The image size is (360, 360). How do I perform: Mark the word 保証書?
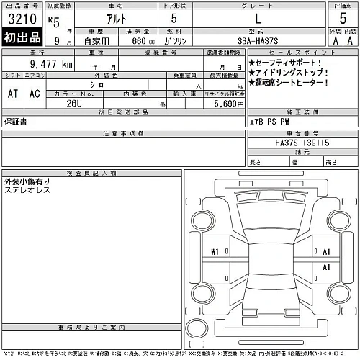pyautogui.click(x=17, y=120)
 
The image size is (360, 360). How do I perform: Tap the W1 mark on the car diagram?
pyautogui.click(x=215, y=252)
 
